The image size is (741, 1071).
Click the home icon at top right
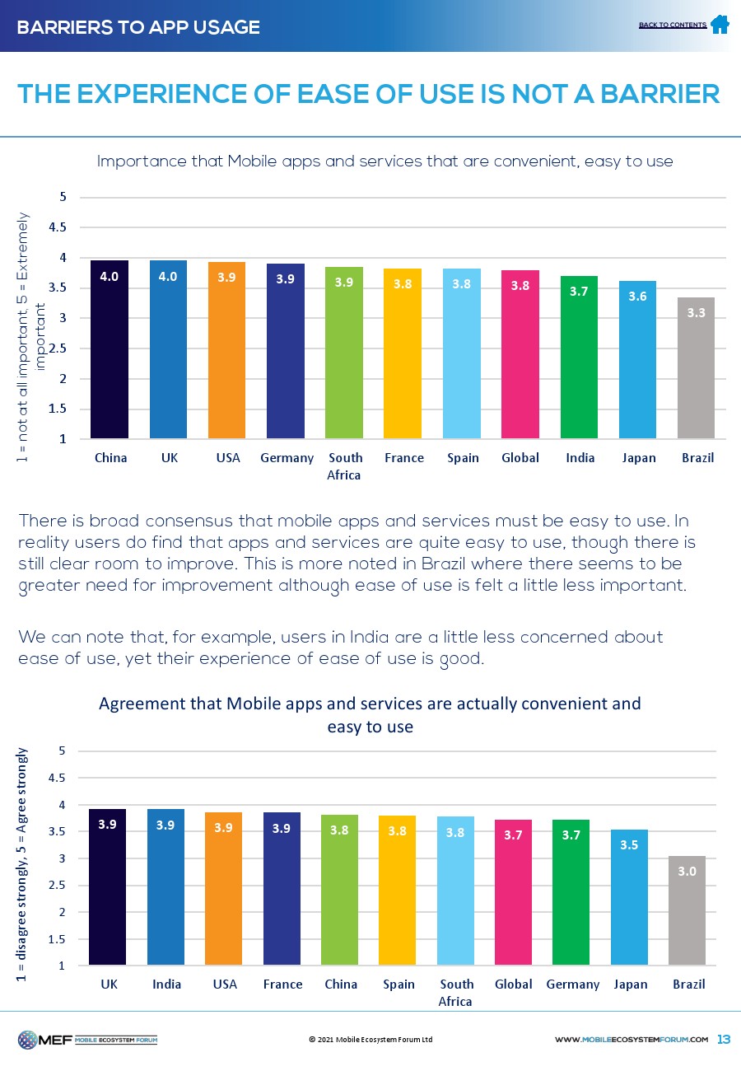coord(720,24)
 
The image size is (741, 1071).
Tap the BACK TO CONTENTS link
coord(672,25)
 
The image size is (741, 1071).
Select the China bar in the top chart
coord(110,349)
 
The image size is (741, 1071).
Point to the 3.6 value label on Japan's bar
coord(637,297)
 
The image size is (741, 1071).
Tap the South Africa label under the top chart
coord(345,465)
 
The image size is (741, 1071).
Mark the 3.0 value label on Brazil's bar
coord(687,870)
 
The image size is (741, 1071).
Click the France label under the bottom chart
coord(282,984)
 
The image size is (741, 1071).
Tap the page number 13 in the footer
coord(725,1039)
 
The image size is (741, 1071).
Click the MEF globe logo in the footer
coord(29,1040)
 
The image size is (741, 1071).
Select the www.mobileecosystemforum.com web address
coord(631,1040)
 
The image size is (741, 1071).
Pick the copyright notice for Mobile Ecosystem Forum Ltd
coord(370,1040)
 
